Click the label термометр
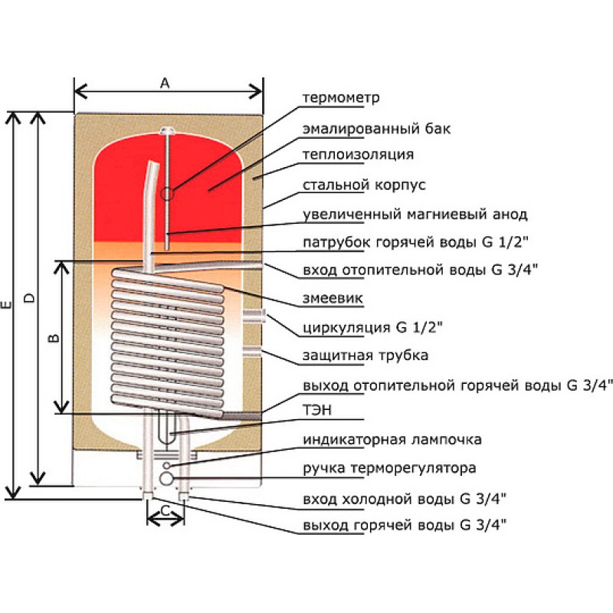(x=341, y=98)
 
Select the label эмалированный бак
(x=376, y=129)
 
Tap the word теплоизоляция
(x=358, y=155)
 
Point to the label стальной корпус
(x=364, y=185)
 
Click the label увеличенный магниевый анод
(x=415, y=215)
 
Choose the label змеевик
(x=333, y=298)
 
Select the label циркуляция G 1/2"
(x=372, y=327)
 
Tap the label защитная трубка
(x=366, y=356)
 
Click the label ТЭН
(x=317, y=410)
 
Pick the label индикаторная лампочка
(x=392, y=439)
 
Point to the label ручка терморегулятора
(x=389, y=468)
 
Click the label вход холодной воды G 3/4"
(x=405, y=499)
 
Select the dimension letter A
(x=165, y=84)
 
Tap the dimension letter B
(x=54, y=337)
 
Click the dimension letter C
(x=166, y=510)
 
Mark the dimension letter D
(x=29, y=298)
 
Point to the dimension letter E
(x=6, y=305)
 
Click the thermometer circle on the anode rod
(x=167, y=193)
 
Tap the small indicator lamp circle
(x=166, y=465)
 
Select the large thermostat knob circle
(x=166, y=478)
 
